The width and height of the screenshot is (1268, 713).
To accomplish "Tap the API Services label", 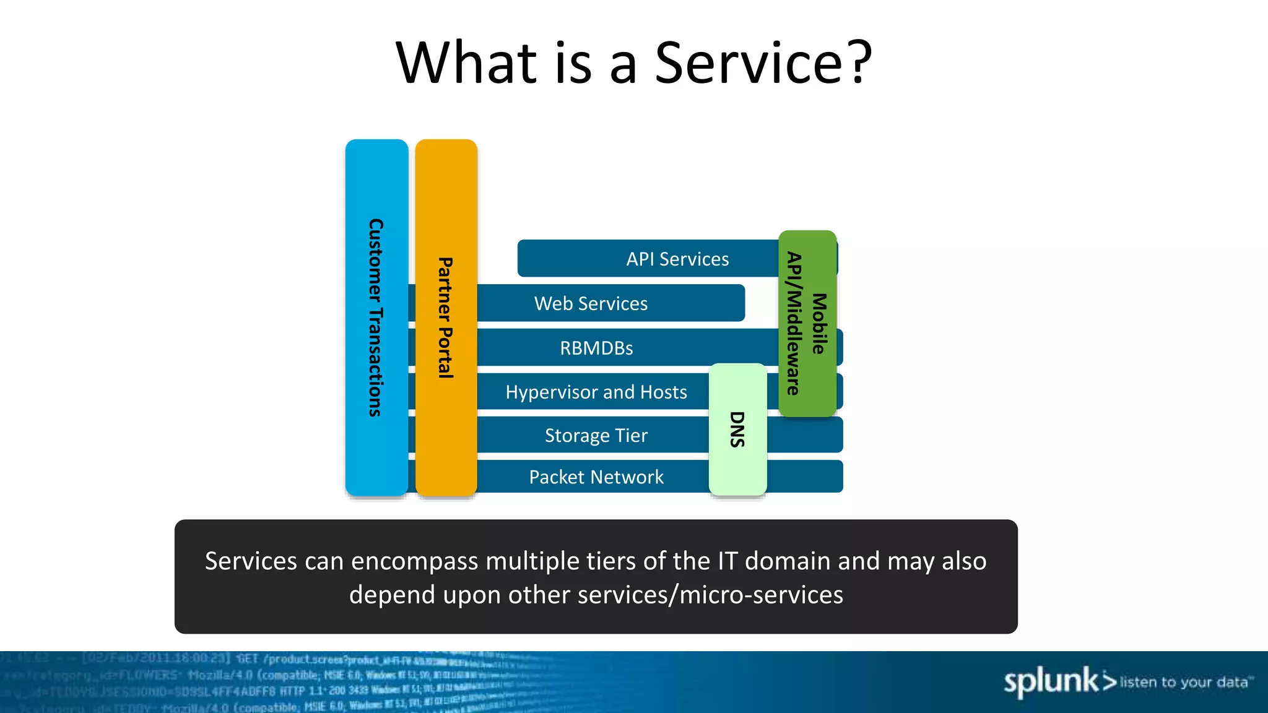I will pos(677,259).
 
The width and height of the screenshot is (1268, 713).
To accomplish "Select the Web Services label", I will pos(591,303).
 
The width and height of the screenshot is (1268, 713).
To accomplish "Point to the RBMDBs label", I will pos(596,348).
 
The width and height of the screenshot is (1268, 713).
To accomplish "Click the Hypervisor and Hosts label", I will pos(596,392).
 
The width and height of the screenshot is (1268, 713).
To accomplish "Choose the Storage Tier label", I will pos(596,435).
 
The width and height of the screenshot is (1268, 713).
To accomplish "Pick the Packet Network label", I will pos(596,477).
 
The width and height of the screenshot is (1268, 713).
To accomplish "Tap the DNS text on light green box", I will pos(737,429).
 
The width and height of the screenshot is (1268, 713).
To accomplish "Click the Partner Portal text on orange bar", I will pos(445,318).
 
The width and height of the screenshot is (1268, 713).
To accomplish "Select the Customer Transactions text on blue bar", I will pos(376,318).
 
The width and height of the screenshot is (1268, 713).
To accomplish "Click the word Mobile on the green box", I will pos(819,324).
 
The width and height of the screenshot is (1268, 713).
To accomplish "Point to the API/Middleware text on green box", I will pos(794,324).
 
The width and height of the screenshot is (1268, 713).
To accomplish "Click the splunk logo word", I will pos(1050,681).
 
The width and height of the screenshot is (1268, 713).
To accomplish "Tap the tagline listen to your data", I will pos(1184,682).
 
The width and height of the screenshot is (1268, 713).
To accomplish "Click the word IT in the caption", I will pos(727,561).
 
